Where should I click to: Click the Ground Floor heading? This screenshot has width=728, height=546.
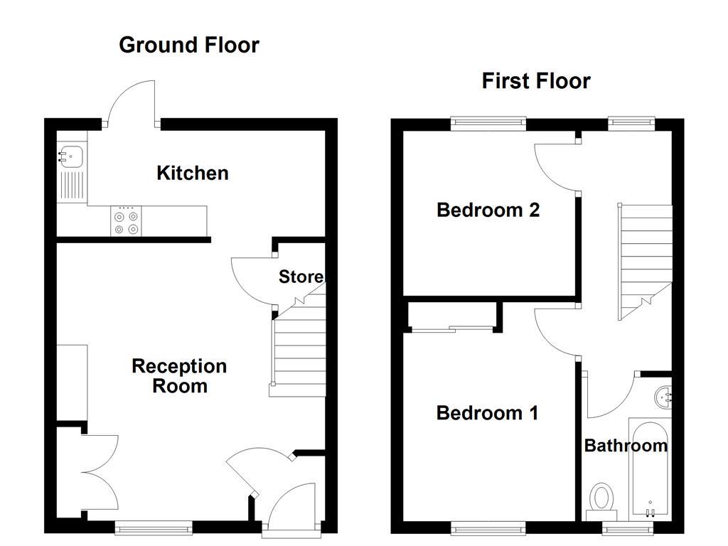[189, 45]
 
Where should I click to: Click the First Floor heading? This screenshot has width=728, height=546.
[536, 81]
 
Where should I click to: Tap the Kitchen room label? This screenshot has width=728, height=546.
[193, 173]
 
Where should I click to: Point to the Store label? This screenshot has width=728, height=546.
[301, 277]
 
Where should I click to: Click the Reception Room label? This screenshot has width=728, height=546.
[179, 376]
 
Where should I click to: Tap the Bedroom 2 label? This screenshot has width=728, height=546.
[488, 210]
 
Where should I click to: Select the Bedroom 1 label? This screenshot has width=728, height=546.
[487, 412]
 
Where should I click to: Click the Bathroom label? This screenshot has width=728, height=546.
[626, 446]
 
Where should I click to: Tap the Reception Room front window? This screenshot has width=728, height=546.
[154, 527]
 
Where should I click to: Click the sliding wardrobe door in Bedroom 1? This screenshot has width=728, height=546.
[453, 328]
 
